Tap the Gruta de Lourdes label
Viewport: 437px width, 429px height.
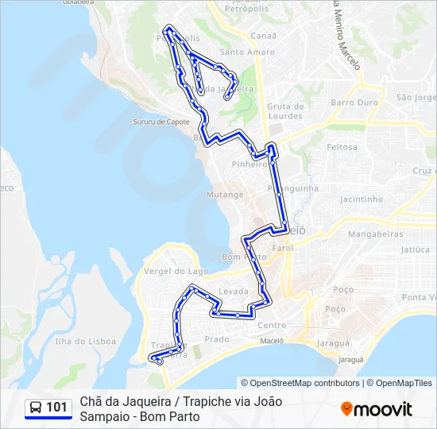click(x=286, y=110)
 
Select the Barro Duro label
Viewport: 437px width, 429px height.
click(x=354, y=102)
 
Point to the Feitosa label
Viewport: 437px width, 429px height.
click(x=342, y=147)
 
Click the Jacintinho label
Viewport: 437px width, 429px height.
click(x=361, y=199)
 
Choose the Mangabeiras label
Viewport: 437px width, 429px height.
click(x=378, y=235)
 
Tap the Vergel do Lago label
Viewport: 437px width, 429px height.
click(x=165, y=271)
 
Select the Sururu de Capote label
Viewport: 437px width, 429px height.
click(x=161, y=122)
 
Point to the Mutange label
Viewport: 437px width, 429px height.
click(x=225, y=194)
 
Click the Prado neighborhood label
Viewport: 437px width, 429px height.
click(x=217, y=339)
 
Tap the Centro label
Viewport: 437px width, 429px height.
click(x=272, y=325)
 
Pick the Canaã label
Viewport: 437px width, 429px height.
click(x=263, y=36)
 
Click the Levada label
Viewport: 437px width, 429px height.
click(x=234, y=292)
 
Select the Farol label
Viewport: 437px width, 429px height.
click(x=282, y=248)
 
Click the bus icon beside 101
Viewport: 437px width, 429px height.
click(x=36, y=408)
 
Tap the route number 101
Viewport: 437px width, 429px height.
click(x=56, y=408)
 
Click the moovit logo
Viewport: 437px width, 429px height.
click(x=377, y=409)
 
